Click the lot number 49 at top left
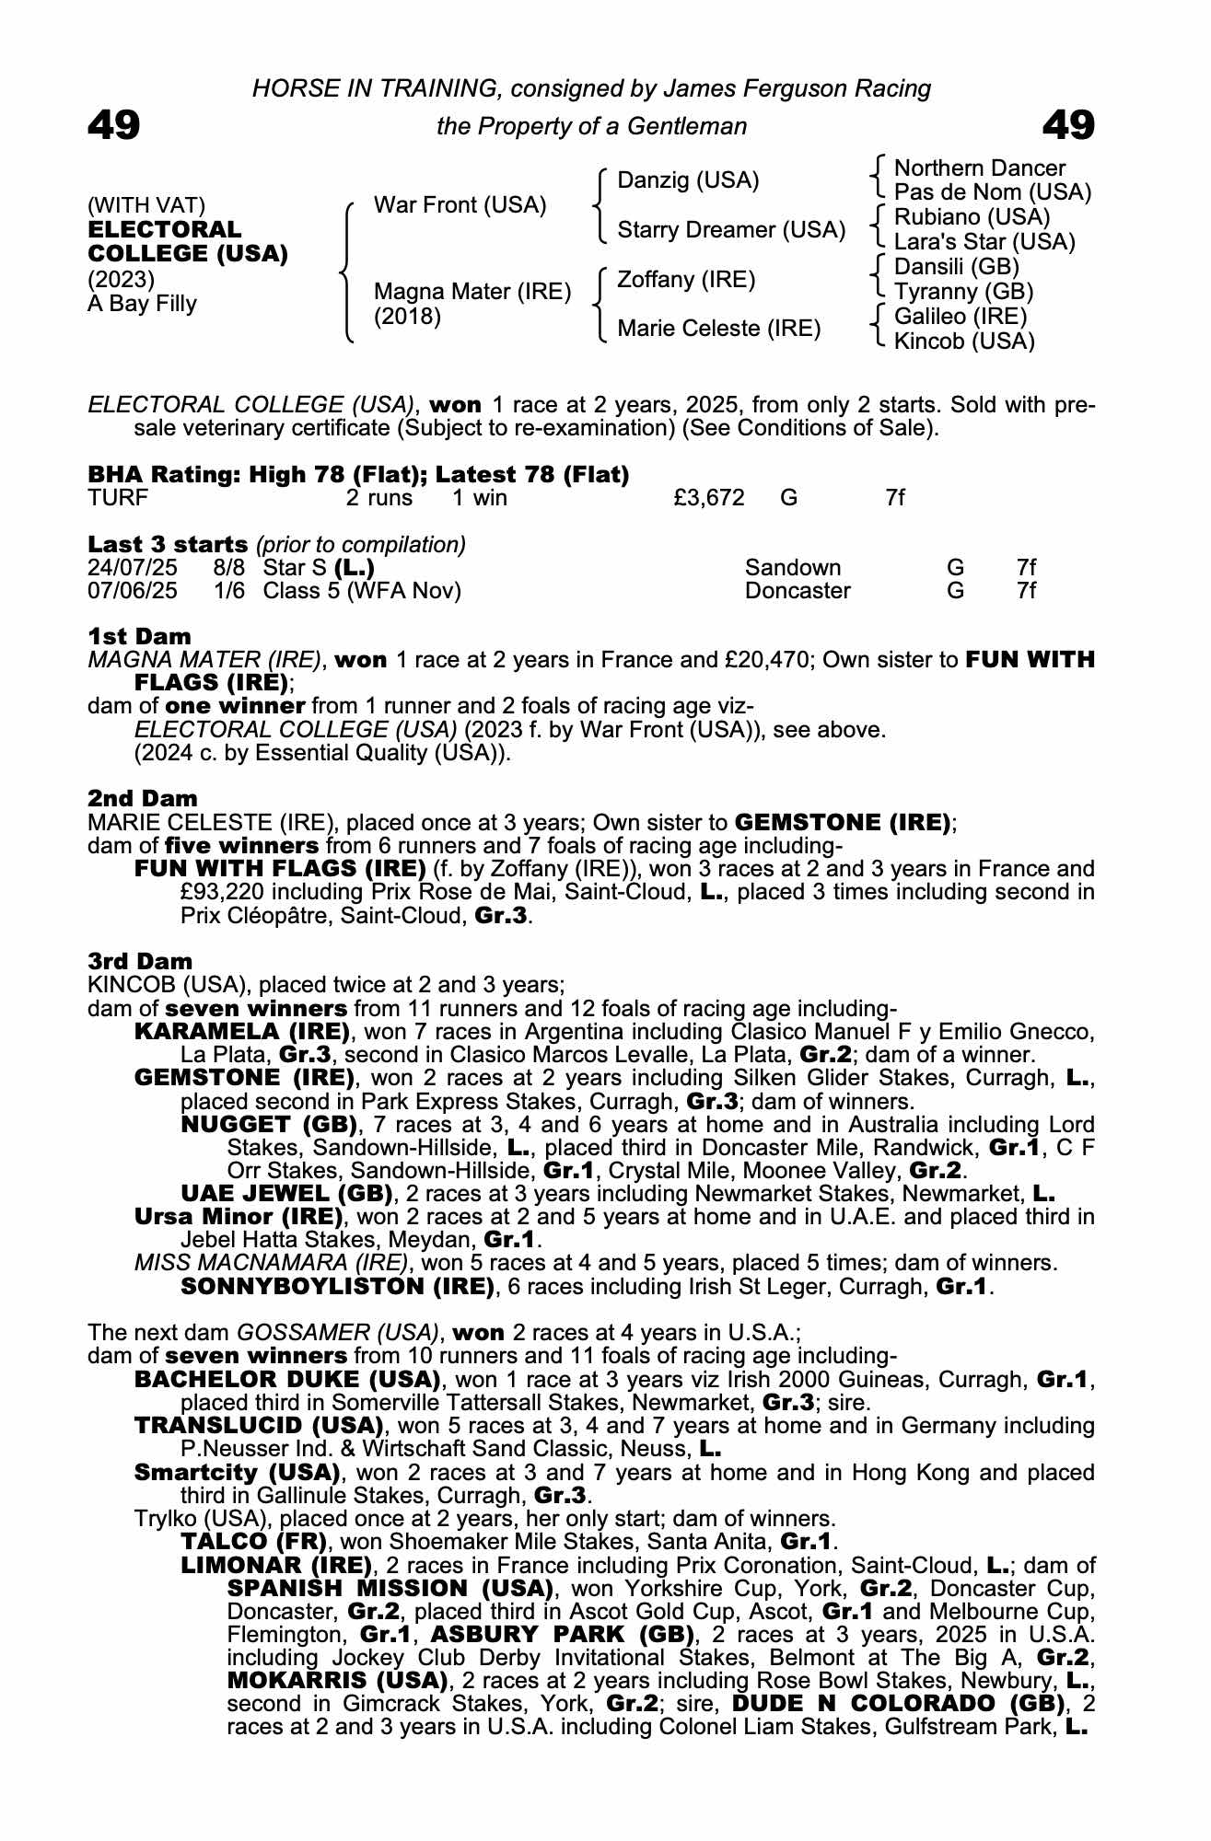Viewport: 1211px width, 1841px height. click(x=114, y=125)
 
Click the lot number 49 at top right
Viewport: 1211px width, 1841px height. click(x=1068, y=125)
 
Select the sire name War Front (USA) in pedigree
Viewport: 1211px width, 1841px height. click(x=460, y=205)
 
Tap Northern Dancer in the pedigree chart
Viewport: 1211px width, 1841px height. click(x=979, y=168)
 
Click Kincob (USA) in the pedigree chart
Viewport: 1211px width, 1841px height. click(x=964, y=342)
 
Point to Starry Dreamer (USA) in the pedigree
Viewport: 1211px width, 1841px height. click(x=730, y=230)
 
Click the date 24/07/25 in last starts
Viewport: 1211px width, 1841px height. click(x=133, y=568)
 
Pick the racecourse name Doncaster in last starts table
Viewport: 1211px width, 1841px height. click(x=798, y=591)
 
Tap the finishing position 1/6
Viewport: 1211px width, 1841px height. click(x=229, y=591)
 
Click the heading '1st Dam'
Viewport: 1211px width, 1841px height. click(x=140, y=636)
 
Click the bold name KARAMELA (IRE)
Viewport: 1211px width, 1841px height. click(x=241, y=1031)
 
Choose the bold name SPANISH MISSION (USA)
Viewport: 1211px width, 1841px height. click(x=390, y=1589)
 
